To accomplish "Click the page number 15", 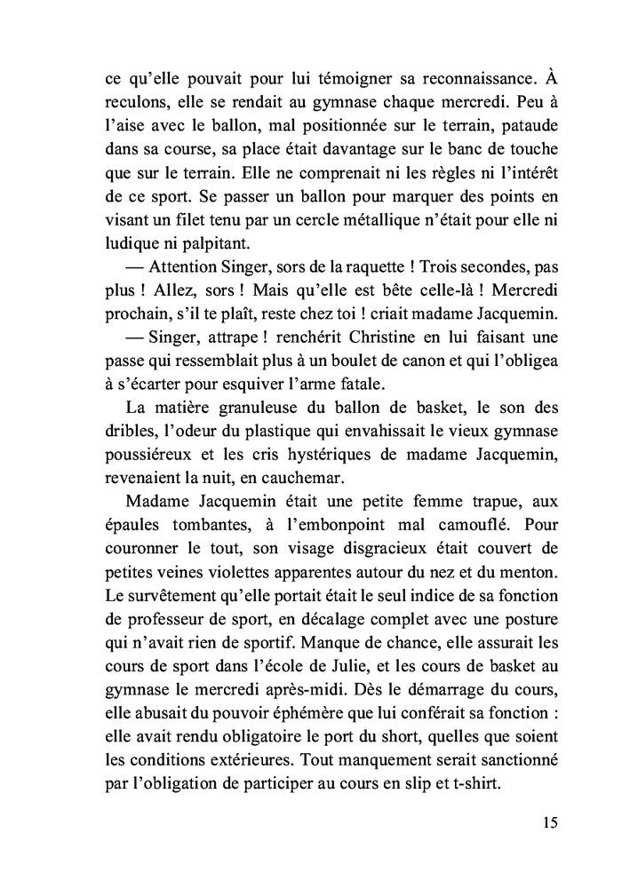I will coord(549,821).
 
